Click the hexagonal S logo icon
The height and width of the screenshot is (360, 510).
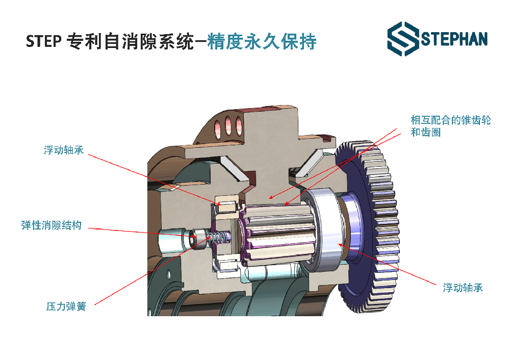403,39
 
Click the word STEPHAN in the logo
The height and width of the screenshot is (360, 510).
454,39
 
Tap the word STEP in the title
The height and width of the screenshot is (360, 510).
43,41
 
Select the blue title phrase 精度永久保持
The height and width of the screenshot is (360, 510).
262,41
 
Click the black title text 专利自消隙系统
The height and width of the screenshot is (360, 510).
130,41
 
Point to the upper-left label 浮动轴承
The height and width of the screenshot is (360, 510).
64,150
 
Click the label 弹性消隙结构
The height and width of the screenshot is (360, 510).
52,225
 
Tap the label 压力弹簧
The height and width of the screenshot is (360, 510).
66,306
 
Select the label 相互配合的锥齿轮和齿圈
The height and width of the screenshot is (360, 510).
451,126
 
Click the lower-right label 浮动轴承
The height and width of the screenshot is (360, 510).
463,288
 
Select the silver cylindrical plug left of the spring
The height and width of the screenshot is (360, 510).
172,241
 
